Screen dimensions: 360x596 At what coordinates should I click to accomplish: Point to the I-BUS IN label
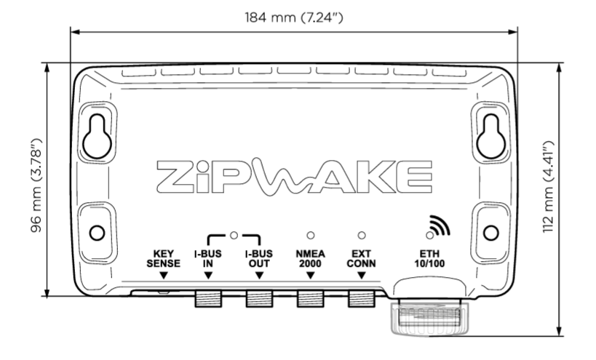click(208, 259)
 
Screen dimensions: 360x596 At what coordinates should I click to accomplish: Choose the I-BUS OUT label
click(259, 259)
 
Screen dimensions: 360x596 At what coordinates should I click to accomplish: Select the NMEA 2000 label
click(310, 259)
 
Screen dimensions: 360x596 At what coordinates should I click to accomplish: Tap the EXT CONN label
click(361, 259)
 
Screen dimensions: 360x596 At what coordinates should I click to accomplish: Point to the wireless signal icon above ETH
click(437, 228)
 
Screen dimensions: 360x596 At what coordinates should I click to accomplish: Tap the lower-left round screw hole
click(96, 233)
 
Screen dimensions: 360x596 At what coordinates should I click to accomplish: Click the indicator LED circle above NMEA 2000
click(310, 236)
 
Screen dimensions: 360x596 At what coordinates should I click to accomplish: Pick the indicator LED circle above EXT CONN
click(361, 236)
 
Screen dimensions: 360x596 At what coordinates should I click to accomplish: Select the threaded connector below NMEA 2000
click(310, 297)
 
